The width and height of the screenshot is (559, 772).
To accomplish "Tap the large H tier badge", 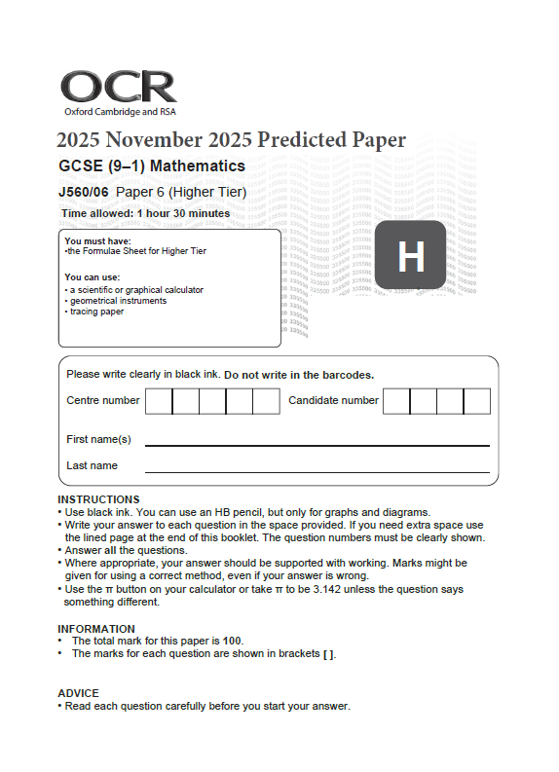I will tap(410, 257).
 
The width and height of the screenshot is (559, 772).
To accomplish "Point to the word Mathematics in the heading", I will tap(198, 165).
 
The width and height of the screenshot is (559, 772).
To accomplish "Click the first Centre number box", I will tap(159, 401).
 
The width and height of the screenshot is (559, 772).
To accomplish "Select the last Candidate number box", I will tap(476, 401).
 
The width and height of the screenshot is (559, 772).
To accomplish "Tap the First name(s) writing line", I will tap(317, 443).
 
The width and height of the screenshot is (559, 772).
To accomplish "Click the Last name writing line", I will tap(317, 471).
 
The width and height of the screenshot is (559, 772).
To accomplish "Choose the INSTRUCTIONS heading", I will tap(98, 499).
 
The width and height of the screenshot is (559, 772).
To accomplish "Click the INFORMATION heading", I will tap(96, 629).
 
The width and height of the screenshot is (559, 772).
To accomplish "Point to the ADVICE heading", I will tap(78, 693).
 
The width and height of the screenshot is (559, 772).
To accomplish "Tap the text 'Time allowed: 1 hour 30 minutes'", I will tap(145, 213).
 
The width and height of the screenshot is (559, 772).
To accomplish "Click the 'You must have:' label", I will tap(97, 240).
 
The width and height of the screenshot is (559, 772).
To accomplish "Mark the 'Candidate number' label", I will tap(333, 400).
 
